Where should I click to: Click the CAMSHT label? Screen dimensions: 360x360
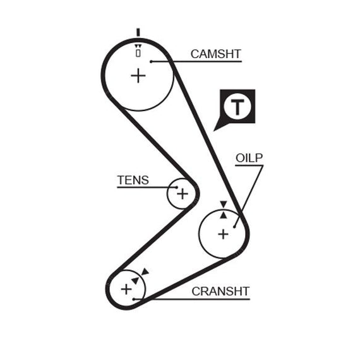pyautogui.click(x=215, y=54)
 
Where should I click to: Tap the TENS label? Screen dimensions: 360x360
pyautogui.click(x=133, y=180)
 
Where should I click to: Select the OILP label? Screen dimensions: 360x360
pyautogui.click(x=249, y=158)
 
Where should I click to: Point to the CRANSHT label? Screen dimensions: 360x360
pyautogui.click(x=220, y=291)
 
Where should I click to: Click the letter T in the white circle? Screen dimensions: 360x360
pyautogui.click(x=237, y=107)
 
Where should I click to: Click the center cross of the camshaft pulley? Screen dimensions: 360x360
pyautogui.click(x=138, y=76)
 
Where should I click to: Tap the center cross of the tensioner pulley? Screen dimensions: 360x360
pyautogui.click(x=183, y=194)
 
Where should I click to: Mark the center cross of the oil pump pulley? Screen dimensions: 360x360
pyautogui.click(x=223, y=234)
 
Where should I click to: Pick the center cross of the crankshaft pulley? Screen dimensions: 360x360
pyautogui.click(x=126, y=289)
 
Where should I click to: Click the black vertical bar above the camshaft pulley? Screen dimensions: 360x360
pyautogui.click(x=138, y=32)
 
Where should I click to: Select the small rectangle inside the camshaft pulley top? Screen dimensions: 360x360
pyautogui.click(x=138, y=53)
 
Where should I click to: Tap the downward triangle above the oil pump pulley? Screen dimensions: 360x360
pyautogui.click(x=224, y=204)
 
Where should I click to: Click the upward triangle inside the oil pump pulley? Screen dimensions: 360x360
pyautogui.click(x=224, y=215)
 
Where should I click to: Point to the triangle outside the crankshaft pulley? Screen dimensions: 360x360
pyautogui.click(x=145, y=272)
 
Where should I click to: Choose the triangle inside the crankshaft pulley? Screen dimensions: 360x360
pyautogui.click(x=135, y=280)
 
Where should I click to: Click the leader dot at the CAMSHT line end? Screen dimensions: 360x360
pyautogui.click(x=151, y=61)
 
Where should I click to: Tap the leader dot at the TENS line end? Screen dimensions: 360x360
pyautogui.click(x=177, y=188)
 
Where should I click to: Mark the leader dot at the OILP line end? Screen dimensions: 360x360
pyautogui.click(x=234, y=227)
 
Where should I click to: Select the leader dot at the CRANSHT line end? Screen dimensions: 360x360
pyautogui.click(x=134, y=299)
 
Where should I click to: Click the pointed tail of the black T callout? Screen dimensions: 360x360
pyautogui.click(x=214, y=131)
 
